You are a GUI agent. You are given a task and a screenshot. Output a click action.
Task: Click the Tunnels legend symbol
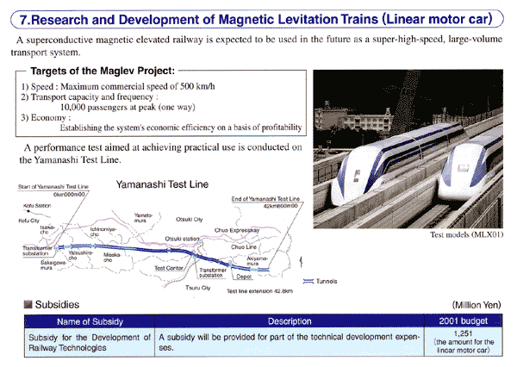point(308,280)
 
